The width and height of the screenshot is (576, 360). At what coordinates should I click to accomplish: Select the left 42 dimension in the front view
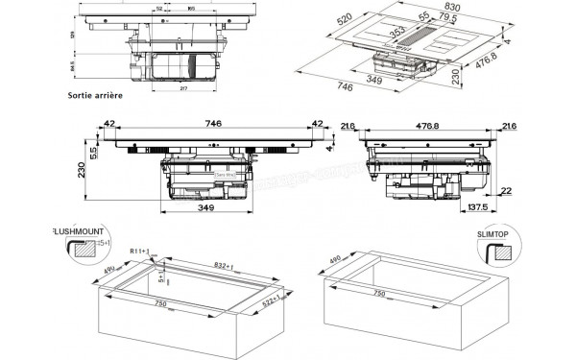point(110,124)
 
